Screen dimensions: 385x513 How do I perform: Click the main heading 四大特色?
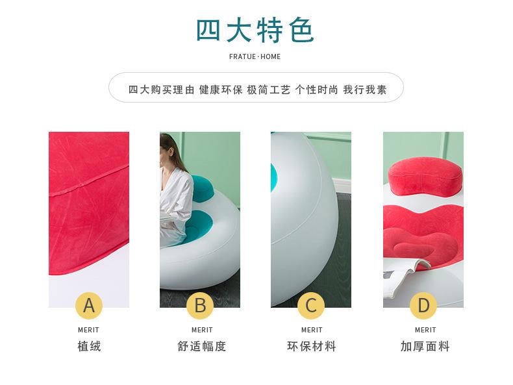coord(255,31)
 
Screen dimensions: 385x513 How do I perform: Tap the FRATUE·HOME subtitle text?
coord(255,56)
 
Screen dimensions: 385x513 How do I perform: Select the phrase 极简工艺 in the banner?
coord(269,90)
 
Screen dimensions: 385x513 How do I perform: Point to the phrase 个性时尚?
coord(317,90)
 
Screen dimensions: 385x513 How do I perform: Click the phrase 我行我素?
coord(365,90)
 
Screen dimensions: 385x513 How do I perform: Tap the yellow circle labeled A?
coord(89,305)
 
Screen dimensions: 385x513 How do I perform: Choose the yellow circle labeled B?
coord(200,305)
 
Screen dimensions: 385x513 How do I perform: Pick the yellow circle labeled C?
coord(311,305)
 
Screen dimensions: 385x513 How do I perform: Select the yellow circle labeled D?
coord(423,305)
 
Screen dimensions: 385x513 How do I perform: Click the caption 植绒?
coord(89,346)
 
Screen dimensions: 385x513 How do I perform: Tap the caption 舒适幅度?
coord(201,346)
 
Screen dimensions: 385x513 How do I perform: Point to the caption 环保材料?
coord(312,346)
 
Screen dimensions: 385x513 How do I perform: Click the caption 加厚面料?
coord(425,346)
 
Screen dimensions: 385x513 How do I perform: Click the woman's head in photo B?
coord(167,146)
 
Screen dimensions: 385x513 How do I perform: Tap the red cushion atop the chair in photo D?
coord(425,175)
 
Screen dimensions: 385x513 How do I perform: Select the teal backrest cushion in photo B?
coord(203,188)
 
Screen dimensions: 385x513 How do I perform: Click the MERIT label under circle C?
coord(312,330)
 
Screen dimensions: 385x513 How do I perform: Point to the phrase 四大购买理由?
coord(161,90)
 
